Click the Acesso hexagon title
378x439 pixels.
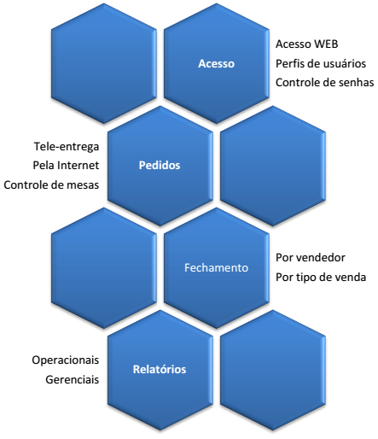pyautogui.click(x=216, y=63)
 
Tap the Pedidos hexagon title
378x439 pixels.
pyautogui.click(x=160, y=165)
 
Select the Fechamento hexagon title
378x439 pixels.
pyautogui.click(x=216, y=267)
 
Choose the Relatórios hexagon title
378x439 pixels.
pyautogui.click(x=160, y=369)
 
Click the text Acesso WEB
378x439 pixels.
pyautogui.click(x=307, y=44)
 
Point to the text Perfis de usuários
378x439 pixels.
pyautogui.click(x=321, y=63)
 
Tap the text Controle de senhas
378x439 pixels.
pyautogui.click(x=325, y=83)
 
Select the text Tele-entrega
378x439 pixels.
pyautogui.click(x=67, y=147)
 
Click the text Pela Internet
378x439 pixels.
pyautogui.click(x=66, y=165)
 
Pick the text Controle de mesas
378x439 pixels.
pyautogui.click(x=51, y=185)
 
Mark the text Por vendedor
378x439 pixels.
pyautogui.click(x=311, y=258)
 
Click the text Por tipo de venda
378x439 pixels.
pyautogui.click(x=321, y=277)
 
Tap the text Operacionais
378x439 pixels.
pyautogui.click(x=66, y=360)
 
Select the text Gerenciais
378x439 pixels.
pyautogui.click(x=73, y=379)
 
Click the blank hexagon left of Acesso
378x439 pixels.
pyautogui.click(x=104, y=63)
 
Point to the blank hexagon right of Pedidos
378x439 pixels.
pyautogui.click(x=273, y=166)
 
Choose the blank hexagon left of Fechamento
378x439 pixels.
pyautogui.click(x=104, y=268)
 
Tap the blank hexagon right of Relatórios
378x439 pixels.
pyautogui.click(x=273, y=370)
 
